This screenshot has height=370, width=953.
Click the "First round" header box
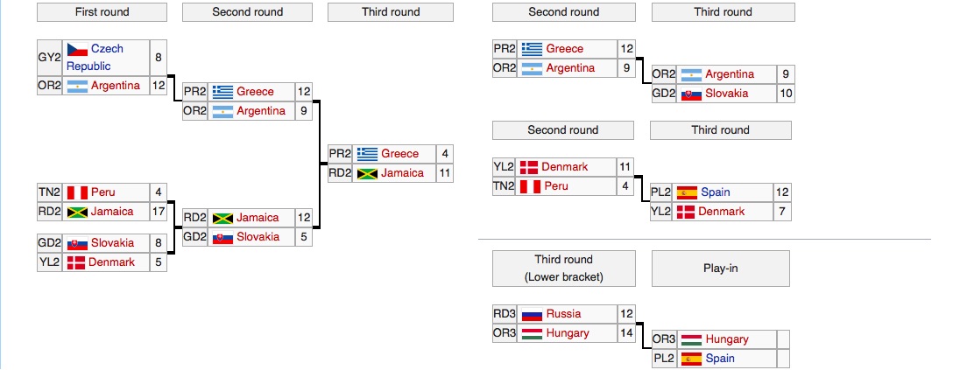point(102,12)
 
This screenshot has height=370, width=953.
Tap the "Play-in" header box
point(720,269)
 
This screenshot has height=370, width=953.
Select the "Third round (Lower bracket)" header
point(563,269)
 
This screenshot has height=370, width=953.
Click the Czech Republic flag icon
point(77,50)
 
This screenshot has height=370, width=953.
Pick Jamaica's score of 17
point(158,211)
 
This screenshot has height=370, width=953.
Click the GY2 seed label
point(49,58)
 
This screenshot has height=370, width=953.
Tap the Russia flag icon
point(532,314)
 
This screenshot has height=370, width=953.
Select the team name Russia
point(563,314)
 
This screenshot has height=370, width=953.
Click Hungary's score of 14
point(625,333)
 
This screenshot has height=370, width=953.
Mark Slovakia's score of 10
point(785,94)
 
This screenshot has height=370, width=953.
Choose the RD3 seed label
point(505,314)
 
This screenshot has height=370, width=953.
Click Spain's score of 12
point(782,192)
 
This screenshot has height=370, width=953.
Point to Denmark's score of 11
point(625,167)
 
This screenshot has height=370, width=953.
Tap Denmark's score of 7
point(782,212)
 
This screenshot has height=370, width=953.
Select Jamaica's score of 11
point(445,173)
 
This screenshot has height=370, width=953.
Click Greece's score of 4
point(445,154)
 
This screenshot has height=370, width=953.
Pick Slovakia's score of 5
point(304,237)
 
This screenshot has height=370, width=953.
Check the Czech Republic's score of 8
point(158,58)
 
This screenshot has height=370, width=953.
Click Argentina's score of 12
point(158,86)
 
